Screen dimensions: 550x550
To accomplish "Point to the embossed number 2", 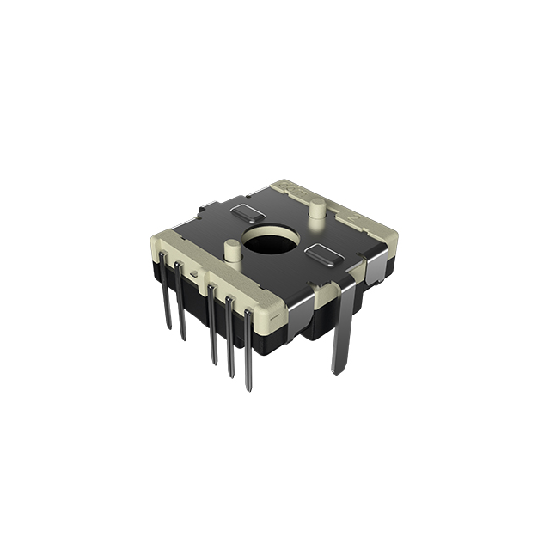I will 352,218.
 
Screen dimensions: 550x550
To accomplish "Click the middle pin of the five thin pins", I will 211,327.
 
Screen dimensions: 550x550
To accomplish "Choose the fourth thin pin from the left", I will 229,339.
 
